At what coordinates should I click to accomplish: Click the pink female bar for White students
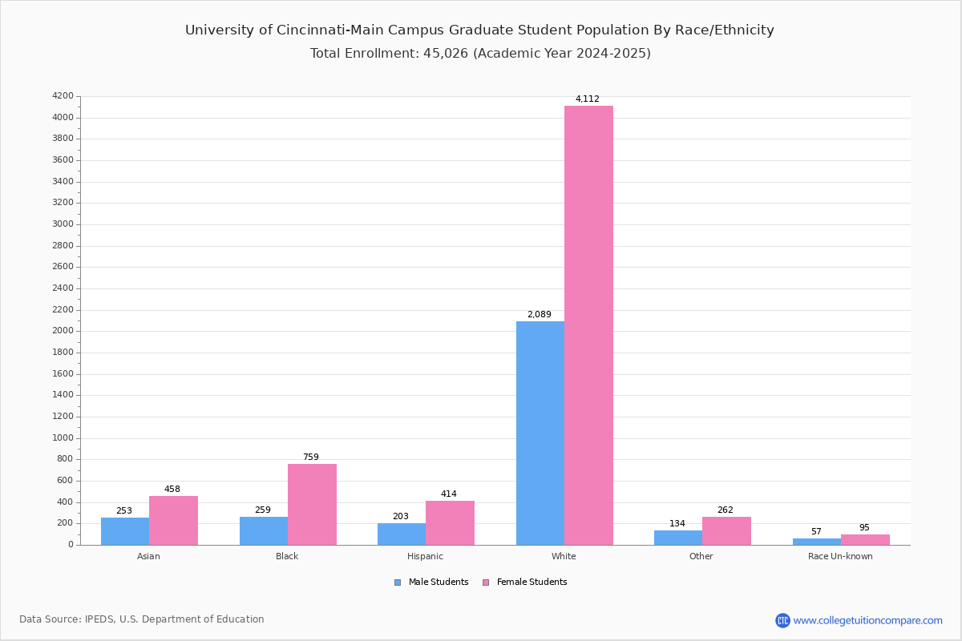click(x=588, y=325)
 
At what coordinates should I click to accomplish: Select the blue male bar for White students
click(x=540, y=433)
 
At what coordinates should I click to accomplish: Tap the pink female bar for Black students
click(x=312, y=504)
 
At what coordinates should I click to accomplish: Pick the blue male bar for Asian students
click(x=125, y=531)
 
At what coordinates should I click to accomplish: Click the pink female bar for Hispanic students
click(x=450, y=522)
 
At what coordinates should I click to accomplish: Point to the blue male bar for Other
click(x=678, y=538)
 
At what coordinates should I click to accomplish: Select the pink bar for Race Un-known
click(x=865, y=539)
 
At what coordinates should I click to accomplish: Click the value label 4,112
click(x=587, y=99)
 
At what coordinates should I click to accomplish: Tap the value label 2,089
click(x=539, y=315)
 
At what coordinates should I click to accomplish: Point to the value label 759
click(x=310, y=458)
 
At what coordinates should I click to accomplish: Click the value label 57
click(x=816, y=532)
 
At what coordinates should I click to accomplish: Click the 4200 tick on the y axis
click(x=63, y=96)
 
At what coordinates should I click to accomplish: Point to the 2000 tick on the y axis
click(x=63, y=331)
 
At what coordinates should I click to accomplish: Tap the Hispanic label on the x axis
click(x=425, y=556)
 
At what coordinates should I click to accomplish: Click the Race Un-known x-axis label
click(x=840, y=556)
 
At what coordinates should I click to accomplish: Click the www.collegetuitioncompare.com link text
click(x=867, y=620)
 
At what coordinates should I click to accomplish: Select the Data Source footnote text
click(x=142, y=619)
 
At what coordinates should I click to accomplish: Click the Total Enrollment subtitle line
click(x=480, y=54)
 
